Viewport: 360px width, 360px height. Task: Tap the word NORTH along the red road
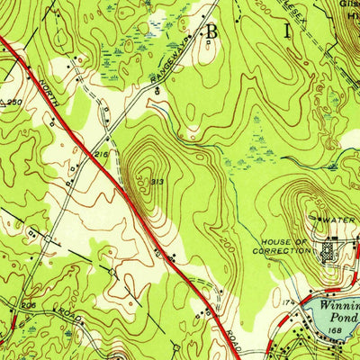point(46,90)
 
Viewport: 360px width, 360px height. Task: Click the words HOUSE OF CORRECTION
point(285,247)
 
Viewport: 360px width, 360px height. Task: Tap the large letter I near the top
point(290,31)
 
